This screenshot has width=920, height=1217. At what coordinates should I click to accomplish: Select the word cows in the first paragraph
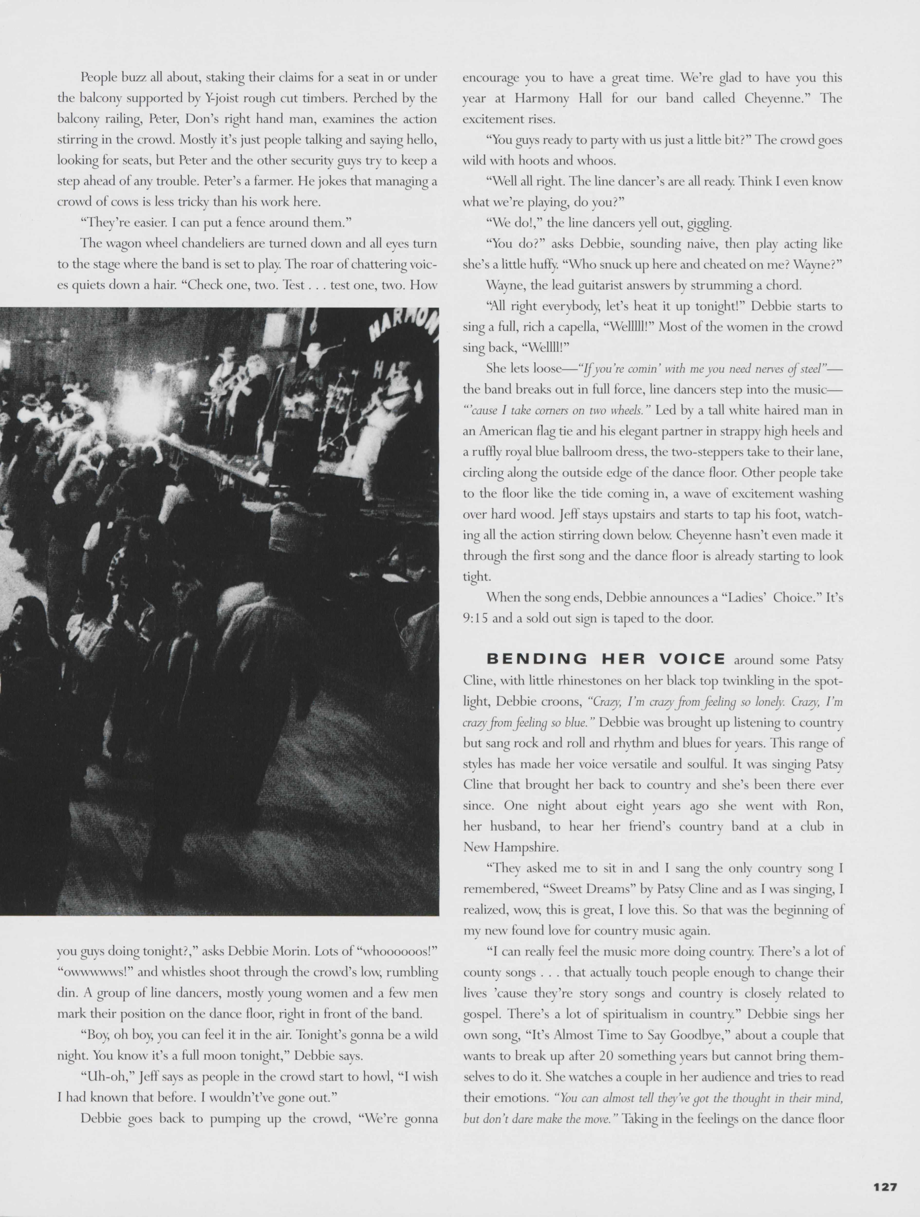point(125,202)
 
